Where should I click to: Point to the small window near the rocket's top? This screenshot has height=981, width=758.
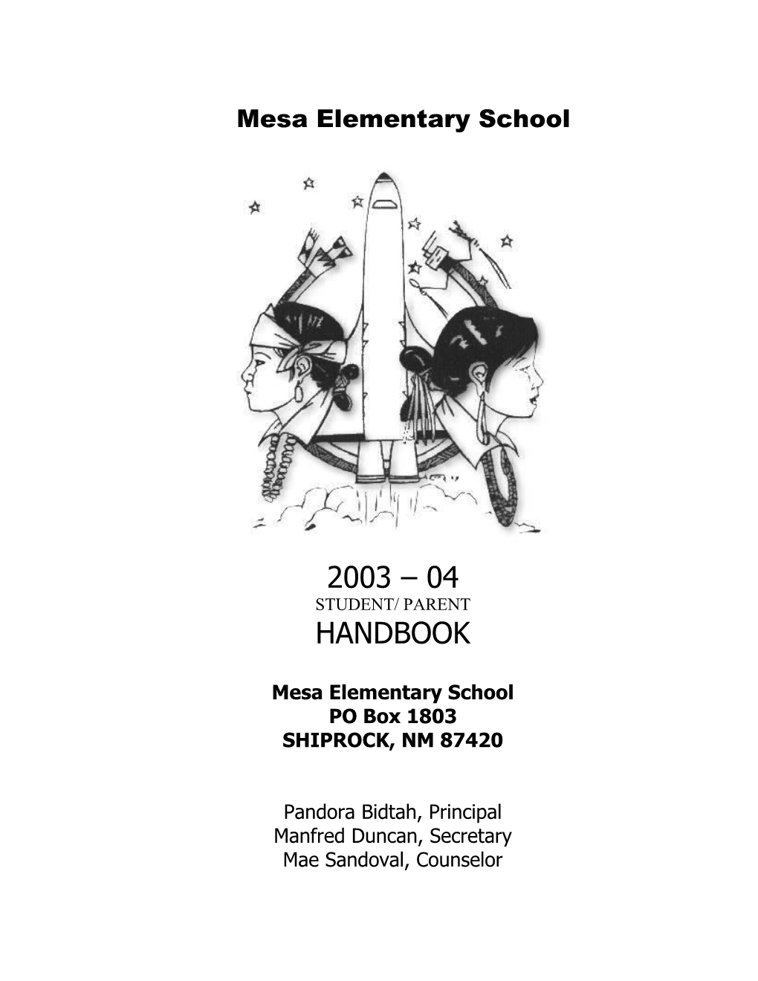[384, 203]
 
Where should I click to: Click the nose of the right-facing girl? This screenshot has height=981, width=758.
[537, 387]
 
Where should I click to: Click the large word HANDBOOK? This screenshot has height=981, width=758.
[392, 634]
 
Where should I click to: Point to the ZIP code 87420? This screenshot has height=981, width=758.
[473, 741]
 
